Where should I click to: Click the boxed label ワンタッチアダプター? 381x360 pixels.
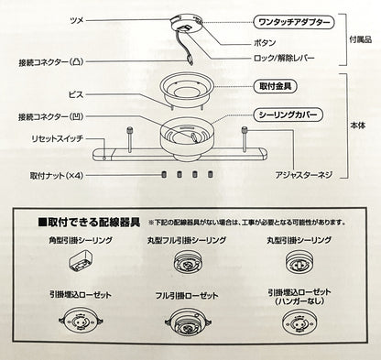coord(294,22)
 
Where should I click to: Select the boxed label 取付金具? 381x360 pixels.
coord(276,86)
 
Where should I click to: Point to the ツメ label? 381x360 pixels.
coord(77,20)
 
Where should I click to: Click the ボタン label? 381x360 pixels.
coord(265,43)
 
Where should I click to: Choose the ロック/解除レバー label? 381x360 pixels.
coord(284,58)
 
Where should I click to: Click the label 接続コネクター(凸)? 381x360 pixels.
coord(50,62)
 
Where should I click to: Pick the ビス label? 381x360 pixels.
coord(76,94)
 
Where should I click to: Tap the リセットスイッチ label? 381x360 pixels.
coord(58,138)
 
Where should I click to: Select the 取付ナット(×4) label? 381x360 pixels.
coord(57,176)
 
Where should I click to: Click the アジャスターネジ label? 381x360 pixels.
coord(303,175)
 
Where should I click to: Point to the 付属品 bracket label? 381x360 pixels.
coord(361,39)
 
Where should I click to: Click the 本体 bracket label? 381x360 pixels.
coord(357,125)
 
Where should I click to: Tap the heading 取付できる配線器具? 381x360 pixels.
coord(89,222)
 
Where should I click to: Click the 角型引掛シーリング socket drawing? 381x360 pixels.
coord(81,260)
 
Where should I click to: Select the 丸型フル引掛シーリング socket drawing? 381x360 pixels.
coord(187,262)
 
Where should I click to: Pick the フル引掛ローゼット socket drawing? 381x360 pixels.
coord(189,322)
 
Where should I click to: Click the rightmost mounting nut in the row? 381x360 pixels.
coord(210,174)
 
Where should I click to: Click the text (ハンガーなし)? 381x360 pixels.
coord(299,301)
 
